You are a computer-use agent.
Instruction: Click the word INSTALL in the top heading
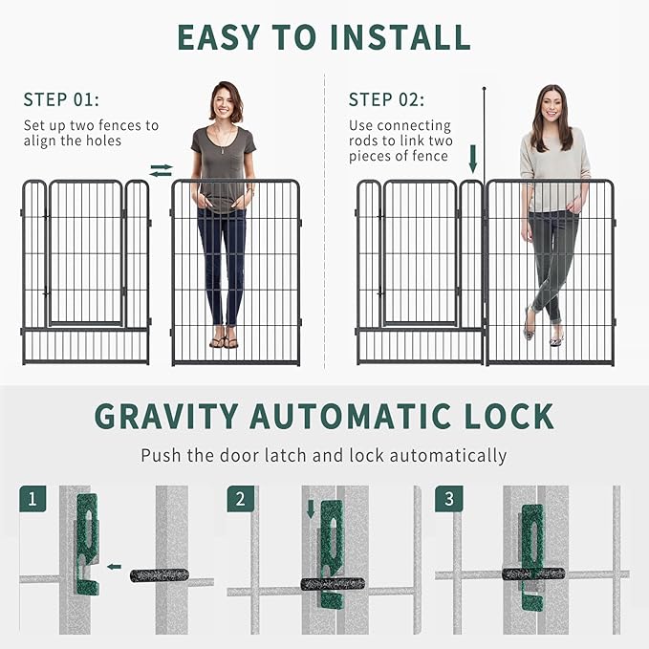click(x=400, y=37)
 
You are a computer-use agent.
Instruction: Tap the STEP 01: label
click(x=61, y=99)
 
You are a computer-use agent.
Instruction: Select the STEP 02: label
click(x=386, y=99)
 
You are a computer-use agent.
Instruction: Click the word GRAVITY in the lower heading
click(x=166, y=416)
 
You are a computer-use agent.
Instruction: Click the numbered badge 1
click(x=32, y=499)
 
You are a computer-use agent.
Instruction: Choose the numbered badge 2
click(x=241, y=499)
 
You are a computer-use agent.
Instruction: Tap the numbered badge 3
click(x=449, y=499)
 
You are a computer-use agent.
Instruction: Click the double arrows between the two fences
click(x=161, y=170)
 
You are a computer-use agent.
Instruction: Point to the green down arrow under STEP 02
click(x=473, y=160)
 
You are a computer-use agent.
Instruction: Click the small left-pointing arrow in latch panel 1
click(x=115, y=567)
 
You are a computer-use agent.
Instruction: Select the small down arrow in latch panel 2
click(x=311, y=510)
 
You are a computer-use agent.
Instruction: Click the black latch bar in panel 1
click(x=160, y=575)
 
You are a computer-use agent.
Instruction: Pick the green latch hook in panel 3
click(x=531, y=554)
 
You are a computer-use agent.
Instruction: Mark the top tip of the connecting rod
click(x=484, y=88)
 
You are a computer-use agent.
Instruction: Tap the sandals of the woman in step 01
click(x=224, y=343)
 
